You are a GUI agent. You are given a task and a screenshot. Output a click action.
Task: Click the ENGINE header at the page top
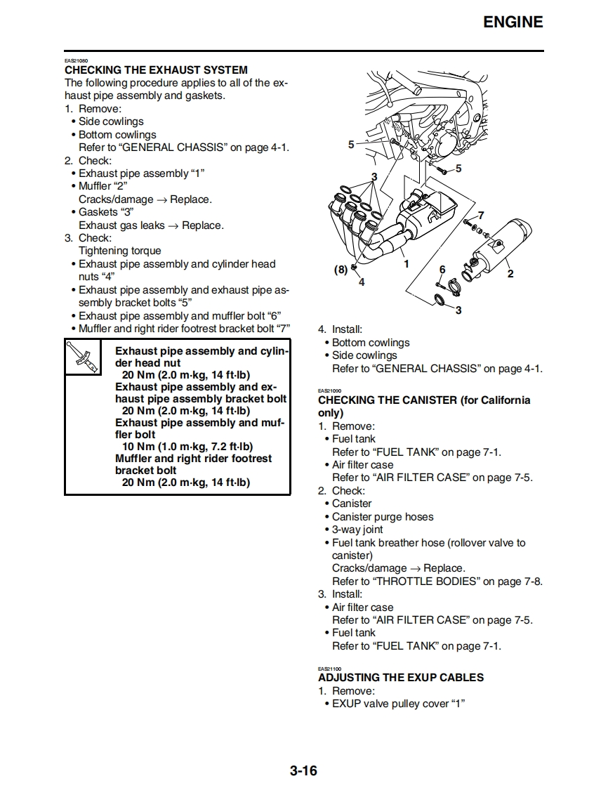click(x=513, y=22)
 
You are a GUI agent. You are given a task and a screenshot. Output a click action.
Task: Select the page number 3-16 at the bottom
click(x=303, y=770)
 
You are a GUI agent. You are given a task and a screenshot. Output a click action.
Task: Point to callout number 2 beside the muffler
click(x=510, y=274)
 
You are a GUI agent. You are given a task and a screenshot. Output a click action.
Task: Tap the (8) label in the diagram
click(x=340, y=269)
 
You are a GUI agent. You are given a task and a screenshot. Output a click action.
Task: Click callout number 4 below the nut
click(x=362, y=282)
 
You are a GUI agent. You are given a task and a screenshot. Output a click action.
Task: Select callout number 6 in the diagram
click(x=442, y=270)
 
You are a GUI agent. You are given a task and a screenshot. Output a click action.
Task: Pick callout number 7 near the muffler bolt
click(x=481, y=215)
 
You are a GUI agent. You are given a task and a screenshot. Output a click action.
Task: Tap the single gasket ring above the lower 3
click(x=440, y=301)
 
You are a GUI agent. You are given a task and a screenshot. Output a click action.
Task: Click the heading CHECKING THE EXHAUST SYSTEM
click(x=156, y=70)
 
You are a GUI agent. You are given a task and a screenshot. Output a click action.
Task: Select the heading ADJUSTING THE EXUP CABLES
click(x=401, y=678)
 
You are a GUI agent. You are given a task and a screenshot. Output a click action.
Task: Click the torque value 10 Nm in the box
click(x=138, y=447)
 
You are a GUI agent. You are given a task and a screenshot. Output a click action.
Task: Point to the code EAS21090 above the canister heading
click(x=329, y=390)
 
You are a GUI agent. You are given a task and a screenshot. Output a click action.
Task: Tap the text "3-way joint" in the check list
click(x=357, y=530)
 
